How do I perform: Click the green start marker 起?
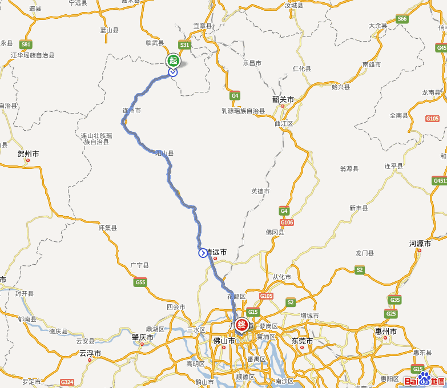point(173,60)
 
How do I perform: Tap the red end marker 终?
point(242,325)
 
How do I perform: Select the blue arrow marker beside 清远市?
point(203,253)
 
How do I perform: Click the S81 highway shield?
point(26,45)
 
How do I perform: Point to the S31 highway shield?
point(184,45)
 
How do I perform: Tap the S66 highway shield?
point(402,19)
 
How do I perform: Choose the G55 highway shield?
point(140,282)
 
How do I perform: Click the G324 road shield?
point(67,382)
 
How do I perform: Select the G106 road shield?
point(287,222)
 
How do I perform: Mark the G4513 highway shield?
point(440,181)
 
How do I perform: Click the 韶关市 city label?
point(283,99)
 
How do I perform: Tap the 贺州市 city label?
point(28,154)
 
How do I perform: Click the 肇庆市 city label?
point(143,337)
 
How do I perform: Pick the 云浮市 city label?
point(90,353)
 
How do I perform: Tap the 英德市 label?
point(260,191)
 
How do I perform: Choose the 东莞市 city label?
point(302,341)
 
